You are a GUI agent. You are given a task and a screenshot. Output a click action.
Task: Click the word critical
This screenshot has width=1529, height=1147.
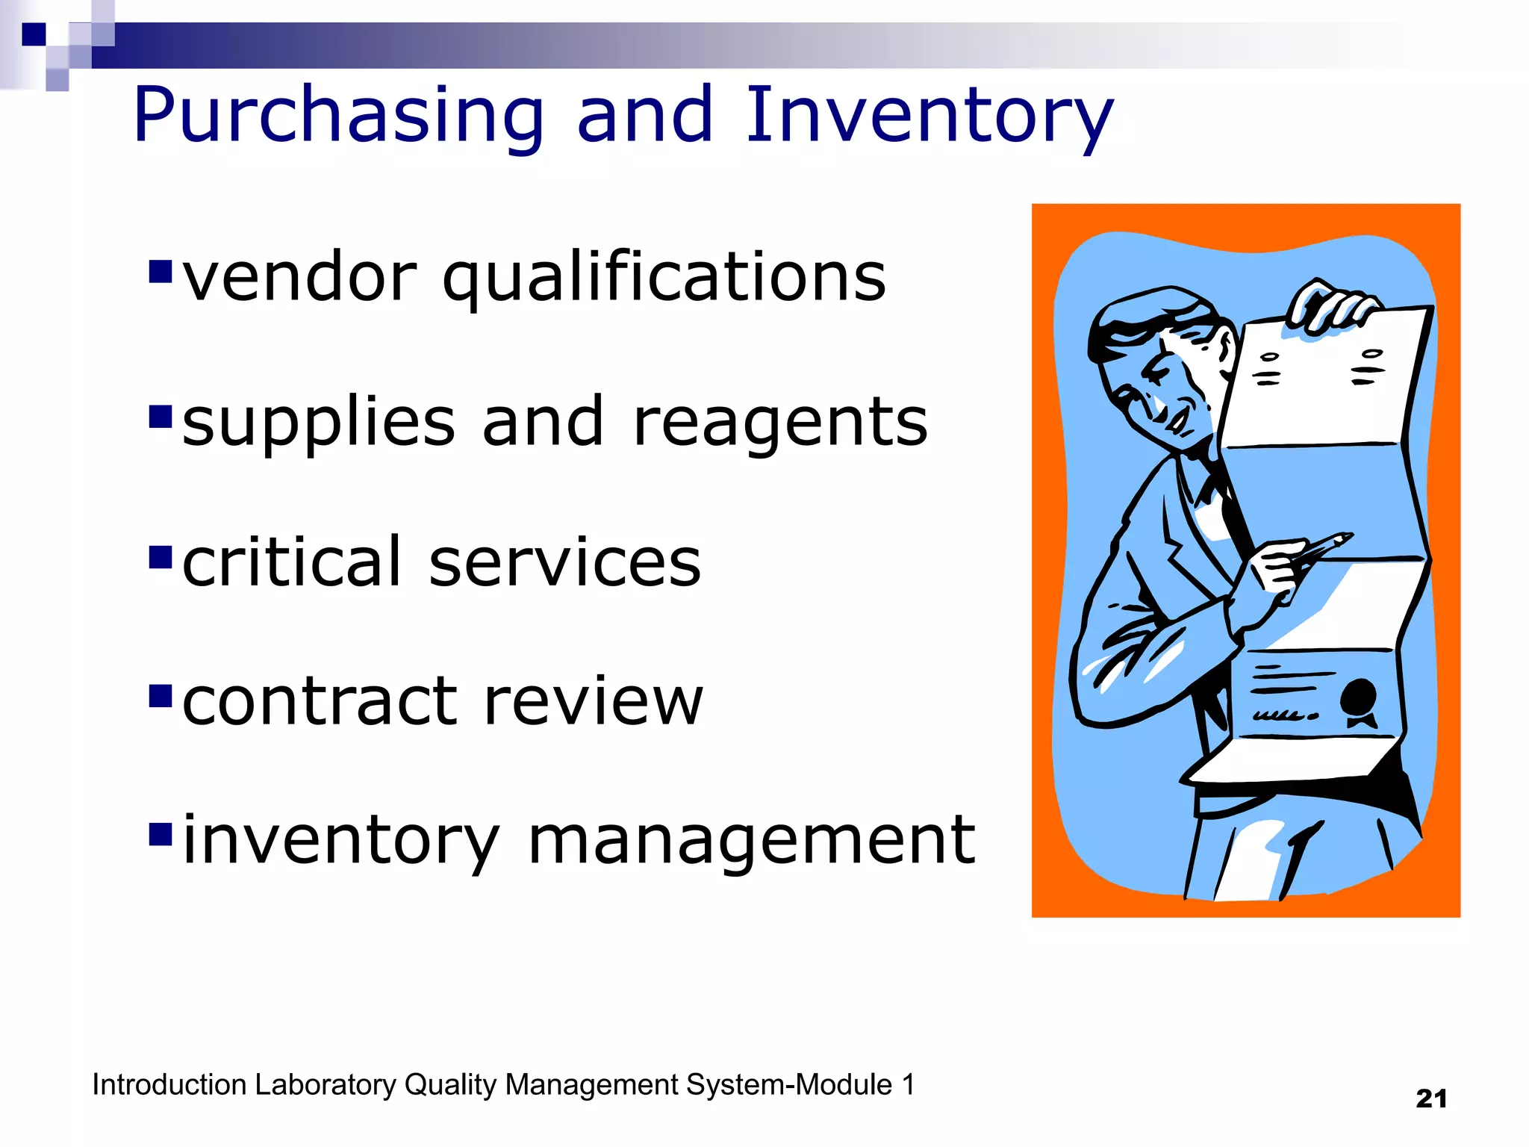(291, 562)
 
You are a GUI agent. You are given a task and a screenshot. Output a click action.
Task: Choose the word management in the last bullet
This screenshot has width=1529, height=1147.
(751, 840)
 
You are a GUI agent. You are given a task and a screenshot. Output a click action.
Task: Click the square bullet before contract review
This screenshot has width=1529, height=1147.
(161, 696)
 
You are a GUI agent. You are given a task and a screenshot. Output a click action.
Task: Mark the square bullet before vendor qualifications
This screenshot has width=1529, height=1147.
(161, 272)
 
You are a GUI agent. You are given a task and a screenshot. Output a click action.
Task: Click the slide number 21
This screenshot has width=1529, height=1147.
(1430, 1098)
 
